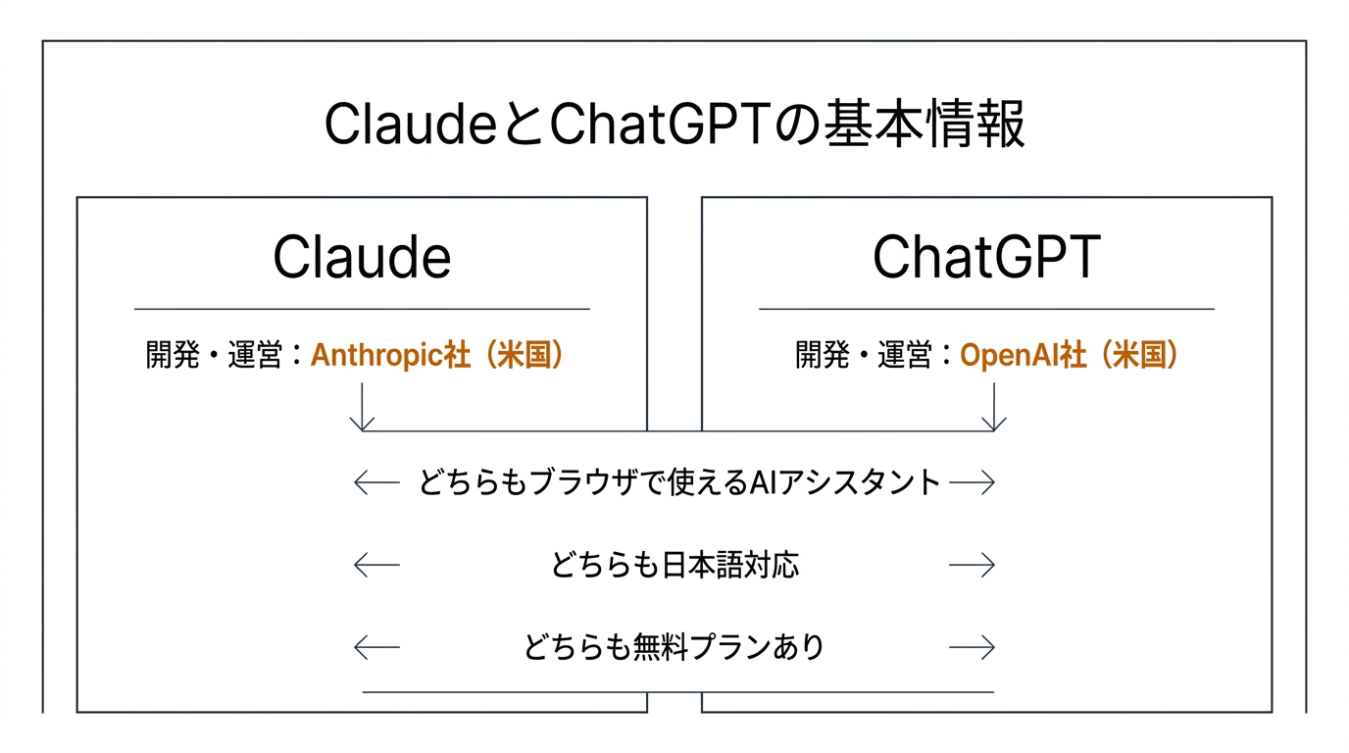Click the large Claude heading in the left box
[362, 257]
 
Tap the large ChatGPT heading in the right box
[986, 257]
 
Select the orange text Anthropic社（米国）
[438, 355]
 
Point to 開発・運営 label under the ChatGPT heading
[862, 355]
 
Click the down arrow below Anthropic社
[363, 407]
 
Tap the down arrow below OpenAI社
[994, 407]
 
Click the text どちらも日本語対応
[674, 565]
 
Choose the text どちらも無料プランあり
[674, 647]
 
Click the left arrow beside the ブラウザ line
[376, 482]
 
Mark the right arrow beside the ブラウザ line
[973, 482]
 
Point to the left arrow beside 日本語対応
[376, 565]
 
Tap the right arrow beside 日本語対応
[973, 565]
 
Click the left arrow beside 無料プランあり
[376, 647]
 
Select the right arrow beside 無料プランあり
[973, 647]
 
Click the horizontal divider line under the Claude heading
[362, 309]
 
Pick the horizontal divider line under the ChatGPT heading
[986, 309]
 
